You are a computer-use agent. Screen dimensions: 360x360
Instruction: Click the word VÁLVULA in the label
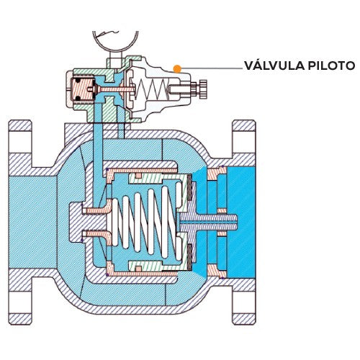pyautogui.click(x=271, y=66)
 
